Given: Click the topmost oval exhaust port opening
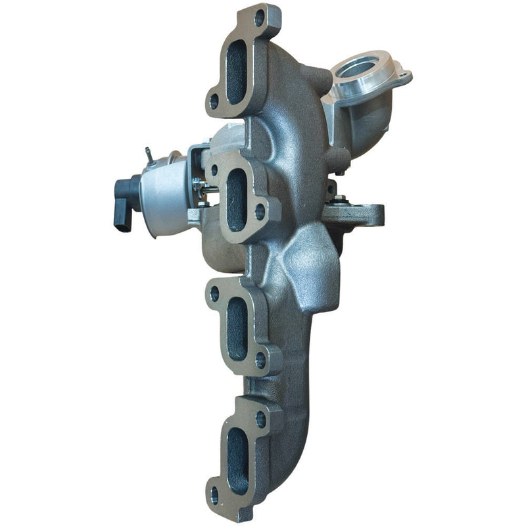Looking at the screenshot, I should coord(236,72).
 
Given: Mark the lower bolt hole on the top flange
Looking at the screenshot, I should coord(214,102).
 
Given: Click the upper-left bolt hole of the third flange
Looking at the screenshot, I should coord(214,294).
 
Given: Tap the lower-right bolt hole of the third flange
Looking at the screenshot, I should coord(261,360).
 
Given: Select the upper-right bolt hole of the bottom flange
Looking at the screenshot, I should coord(260,417).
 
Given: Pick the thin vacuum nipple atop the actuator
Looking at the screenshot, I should coord(149,155).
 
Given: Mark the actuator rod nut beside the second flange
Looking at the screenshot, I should coord(208,191).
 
